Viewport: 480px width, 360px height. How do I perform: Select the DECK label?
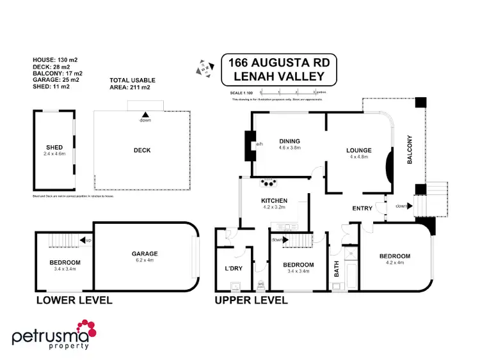coord(141,151)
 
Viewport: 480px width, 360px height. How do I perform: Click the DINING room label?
coord(289,141)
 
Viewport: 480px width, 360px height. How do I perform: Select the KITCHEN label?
coord(274,201)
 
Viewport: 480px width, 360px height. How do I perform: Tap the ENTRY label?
coord(362,208)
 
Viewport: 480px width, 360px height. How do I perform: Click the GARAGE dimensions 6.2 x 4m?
coord(145,260)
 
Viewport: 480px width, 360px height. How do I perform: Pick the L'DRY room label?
coord(232,268)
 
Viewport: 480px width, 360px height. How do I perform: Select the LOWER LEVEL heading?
coord(74,300)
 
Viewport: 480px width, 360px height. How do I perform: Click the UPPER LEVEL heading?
coord(252,300)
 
